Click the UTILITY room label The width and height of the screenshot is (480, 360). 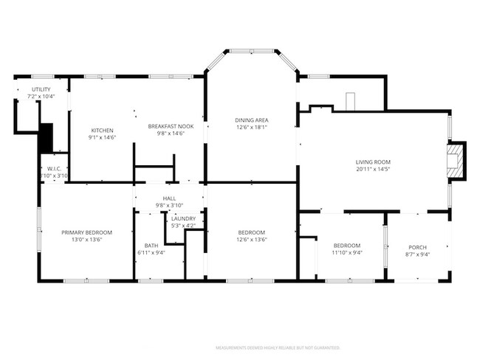pos(41,89)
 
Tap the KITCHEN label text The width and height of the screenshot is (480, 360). pos(102,131)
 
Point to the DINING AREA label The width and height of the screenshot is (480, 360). pos(251,120)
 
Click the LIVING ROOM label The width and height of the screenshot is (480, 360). pos(373,162)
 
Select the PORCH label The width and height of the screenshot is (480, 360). pos(418,246)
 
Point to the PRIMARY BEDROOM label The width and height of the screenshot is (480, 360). pos(81,232)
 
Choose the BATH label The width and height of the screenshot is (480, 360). pos(151,246)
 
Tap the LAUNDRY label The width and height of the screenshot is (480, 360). pos(183,218)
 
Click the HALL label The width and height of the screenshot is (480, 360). pos(169,199)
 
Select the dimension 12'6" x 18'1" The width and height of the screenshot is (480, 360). pos(251,126)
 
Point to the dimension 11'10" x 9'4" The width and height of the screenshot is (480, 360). pos(346,252)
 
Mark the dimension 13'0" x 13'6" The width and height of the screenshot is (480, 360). pos(81,239)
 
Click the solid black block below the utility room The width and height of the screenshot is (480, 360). pos(46,138)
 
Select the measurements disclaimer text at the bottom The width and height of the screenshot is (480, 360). pos(278,347)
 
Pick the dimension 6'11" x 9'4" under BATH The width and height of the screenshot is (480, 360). pos(151,252)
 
